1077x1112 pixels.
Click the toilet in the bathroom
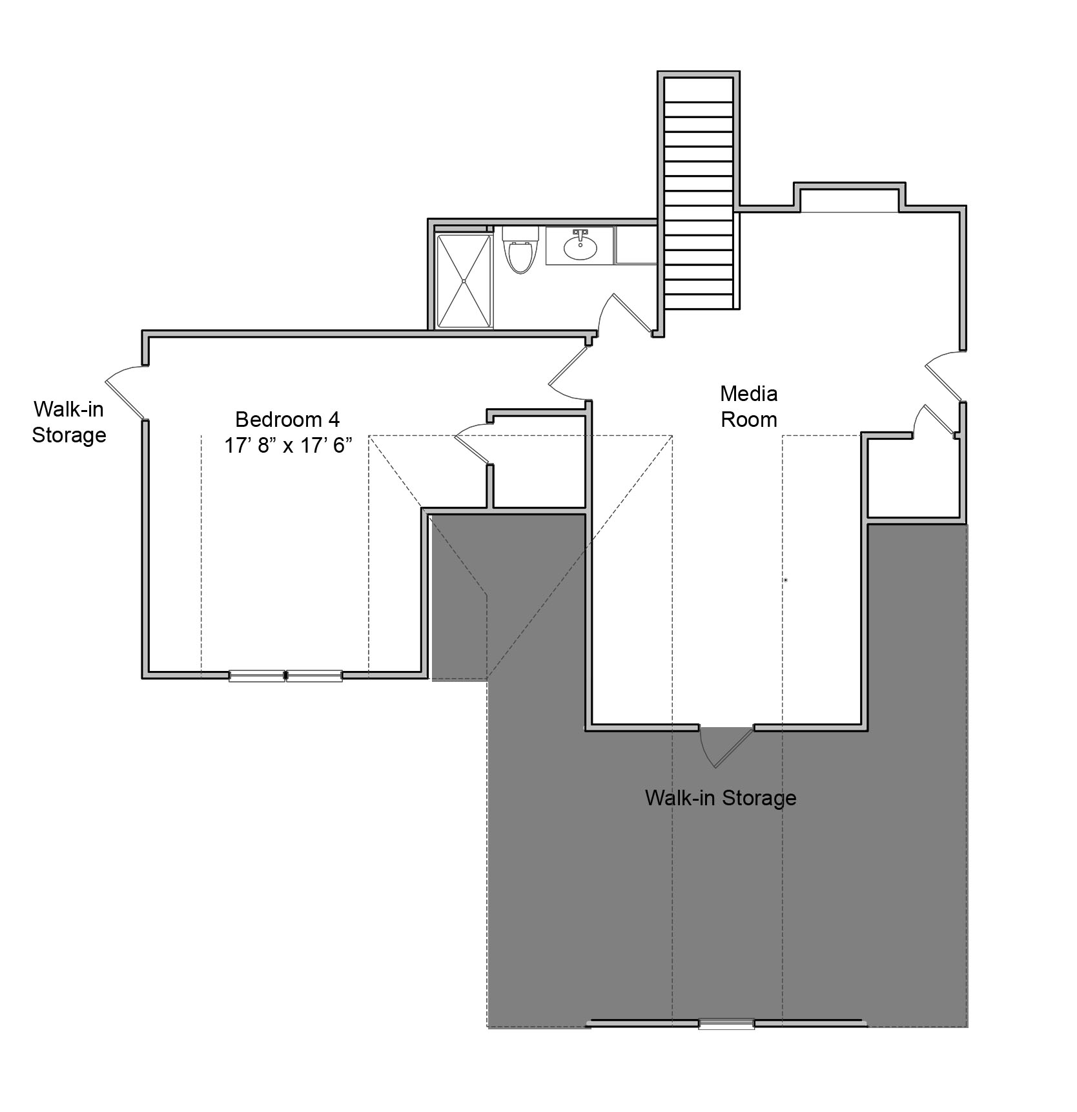coord(520,249)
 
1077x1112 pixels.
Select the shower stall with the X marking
coord(464,282)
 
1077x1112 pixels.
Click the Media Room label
coord(748,406)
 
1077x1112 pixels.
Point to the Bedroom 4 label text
coord(287,419)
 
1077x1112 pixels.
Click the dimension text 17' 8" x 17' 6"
coord(288,446)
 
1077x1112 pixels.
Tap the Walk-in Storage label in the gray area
coord(721,798)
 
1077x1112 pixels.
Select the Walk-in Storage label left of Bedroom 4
coord(69,422)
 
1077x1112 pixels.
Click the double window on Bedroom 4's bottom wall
coord(286,675)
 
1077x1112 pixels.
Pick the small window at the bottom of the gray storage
coord(726,1024)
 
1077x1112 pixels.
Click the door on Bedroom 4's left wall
coord(125,392)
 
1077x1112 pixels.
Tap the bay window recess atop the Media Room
coord(849,197)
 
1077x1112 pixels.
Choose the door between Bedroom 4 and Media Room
coord(568,374)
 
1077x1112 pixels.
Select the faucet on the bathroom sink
coord(580,234)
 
